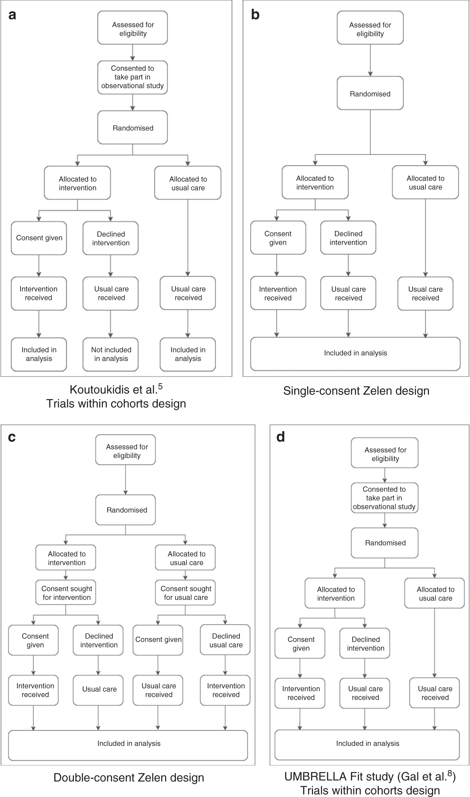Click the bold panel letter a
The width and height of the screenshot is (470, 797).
(x=12, y=15)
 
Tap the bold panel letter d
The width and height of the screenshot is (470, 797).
(x=281, y=437)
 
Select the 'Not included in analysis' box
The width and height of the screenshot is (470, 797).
(x=111, y=354)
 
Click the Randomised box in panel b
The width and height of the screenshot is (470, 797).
(x=370, y=93)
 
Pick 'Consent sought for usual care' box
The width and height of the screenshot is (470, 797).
(x=186, y=593)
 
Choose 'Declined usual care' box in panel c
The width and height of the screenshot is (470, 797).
(x=226, y=640)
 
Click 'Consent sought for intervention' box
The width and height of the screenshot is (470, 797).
(x=66, y=593)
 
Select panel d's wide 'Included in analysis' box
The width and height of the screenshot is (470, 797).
(x=368, y=743)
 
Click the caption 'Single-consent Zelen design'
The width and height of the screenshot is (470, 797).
(x=356, y=390)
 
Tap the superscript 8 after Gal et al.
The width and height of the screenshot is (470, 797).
(x=450, y=774)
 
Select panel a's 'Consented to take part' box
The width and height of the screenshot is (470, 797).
(x=133, y=77)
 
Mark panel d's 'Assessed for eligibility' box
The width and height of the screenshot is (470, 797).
(x=385, y=454)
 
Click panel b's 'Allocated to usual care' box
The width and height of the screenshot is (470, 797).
(x=425, y=183)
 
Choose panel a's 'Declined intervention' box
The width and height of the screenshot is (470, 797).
(x=111, y=238)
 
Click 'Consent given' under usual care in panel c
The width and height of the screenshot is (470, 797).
(x=158, y=640)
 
